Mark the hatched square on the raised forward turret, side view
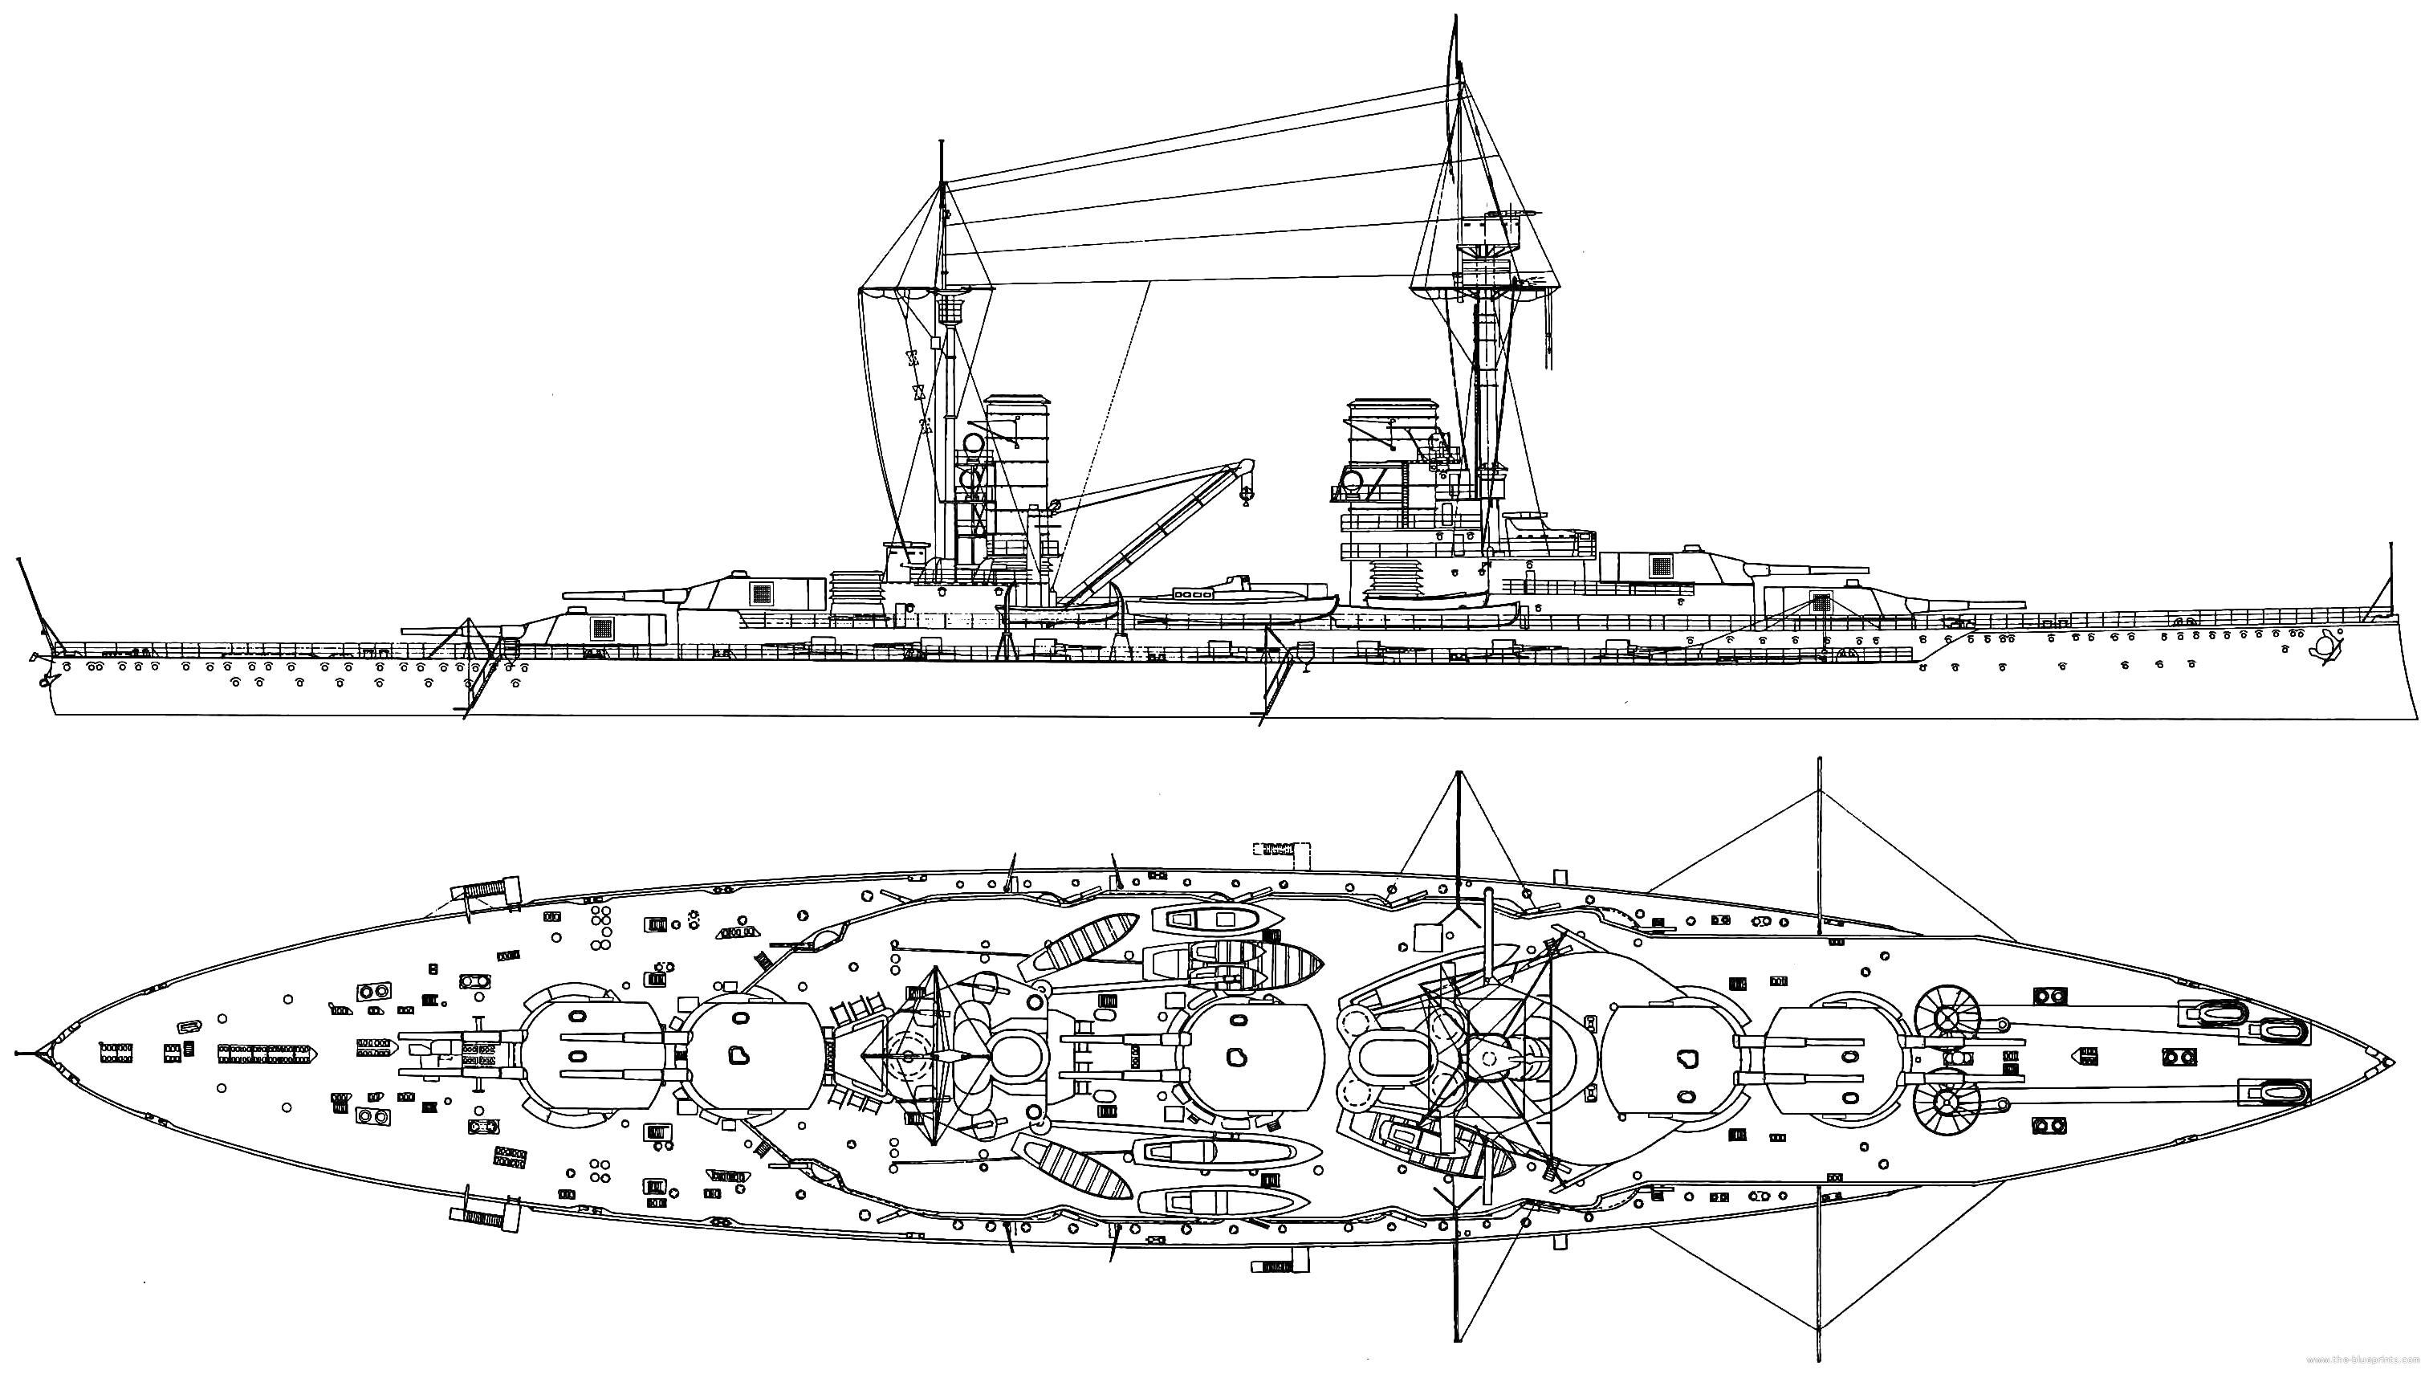coord(1661,566)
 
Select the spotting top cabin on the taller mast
coord(1485,231)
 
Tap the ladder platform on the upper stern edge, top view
coord(486,892)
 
